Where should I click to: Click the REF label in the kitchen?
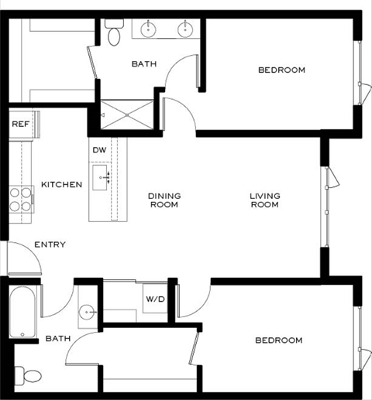click(19, 123)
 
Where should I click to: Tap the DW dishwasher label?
click(99, 150)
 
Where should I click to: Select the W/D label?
click(153, 299)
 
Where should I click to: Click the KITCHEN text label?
click(61, 185)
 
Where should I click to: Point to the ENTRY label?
click(50, 244)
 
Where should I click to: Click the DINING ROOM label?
click(164, 200)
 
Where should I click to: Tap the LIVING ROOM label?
click(264, 200)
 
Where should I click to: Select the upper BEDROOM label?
click(281, 70)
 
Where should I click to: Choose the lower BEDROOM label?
click(278, 340)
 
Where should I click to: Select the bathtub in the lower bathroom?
click(23, 313)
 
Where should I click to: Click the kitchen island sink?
click(102, 176)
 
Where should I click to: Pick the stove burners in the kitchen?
click(20, 200)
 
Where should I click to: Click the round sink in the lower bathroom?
click(87, 312)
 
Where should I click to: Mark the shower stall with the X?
click(127, 113)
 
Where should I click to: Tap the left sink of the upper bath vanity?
click(147, 30)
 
